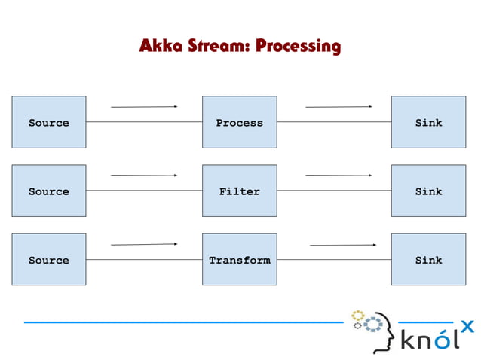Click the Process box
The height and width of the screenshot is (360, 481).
pyautogui.click(x=239, y=122)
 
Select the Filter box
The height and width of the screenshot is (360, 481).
pyautogui.click(x=239, y=191)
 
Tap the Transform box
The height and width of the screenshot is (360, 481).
pyautogui.click(x=239, y=259)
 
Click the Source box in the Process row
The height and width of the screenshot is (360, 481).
pyautogui.click(x=48, y=122)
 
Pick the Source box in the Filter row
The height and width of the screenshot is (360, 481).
pyautogui.click(x=48, y=191)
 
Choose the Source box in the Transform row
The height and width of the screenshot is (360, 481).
pyautogui.click(x=48, y=259)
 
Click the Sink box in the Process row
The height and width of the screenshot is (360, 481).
pyautogui.click(x=428, y=122)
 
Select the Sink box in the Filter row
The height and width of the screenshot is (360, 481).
pyautogui.click(x=428, y=191)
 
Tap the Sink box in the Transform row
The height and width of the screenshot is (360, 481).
pyautogui.click(x=428, y=259)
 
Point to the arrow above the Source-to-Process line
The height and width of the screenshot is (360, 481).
pyautogui.click(x=144, y=107)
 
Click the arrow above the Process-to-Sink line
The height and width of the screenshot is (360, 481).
pyautogui.click(x=339, y=107)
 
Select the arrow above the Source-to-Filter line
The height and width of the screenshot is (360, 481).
pyautogui.click(x=144, y=175)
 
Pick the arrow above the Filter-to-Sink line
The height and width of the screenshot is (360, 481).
pyautogui.click(x=339, y=175)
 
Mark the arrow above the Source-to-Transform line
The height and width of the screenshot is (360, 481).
pyautogui.click(x=144, y=244)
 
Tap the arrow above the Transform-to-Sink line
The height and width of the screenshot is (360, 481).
pyautogui.click(x=343, y=245)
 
